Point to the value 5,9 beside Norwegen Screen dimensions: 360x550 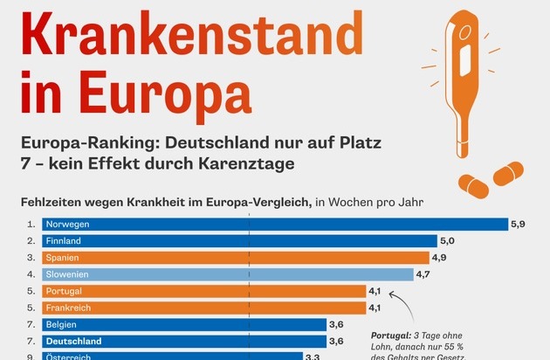pos(519,225)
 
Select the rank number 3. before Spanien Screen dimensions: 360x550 pos(31,258)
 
